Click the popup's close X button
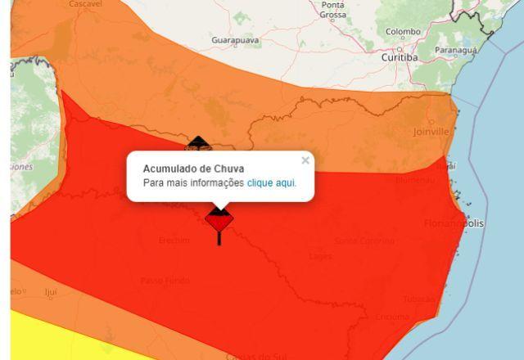point(305,160)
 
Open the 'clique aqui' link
point(271,183)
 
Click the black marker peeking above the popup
point(196,145)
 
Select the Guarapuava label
point(236,40)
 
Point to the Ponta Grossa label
point(333,10)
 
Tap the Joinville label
point(431,131)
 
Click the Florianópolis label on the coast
point(454,223)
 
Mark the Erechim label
point(174,241)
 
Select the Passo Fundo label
point(164,281)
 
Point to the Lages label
point(320,256)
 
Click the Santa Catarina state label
point(364,241)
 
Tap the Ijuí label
point(51,291)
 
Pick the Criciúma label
point(392,317)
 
